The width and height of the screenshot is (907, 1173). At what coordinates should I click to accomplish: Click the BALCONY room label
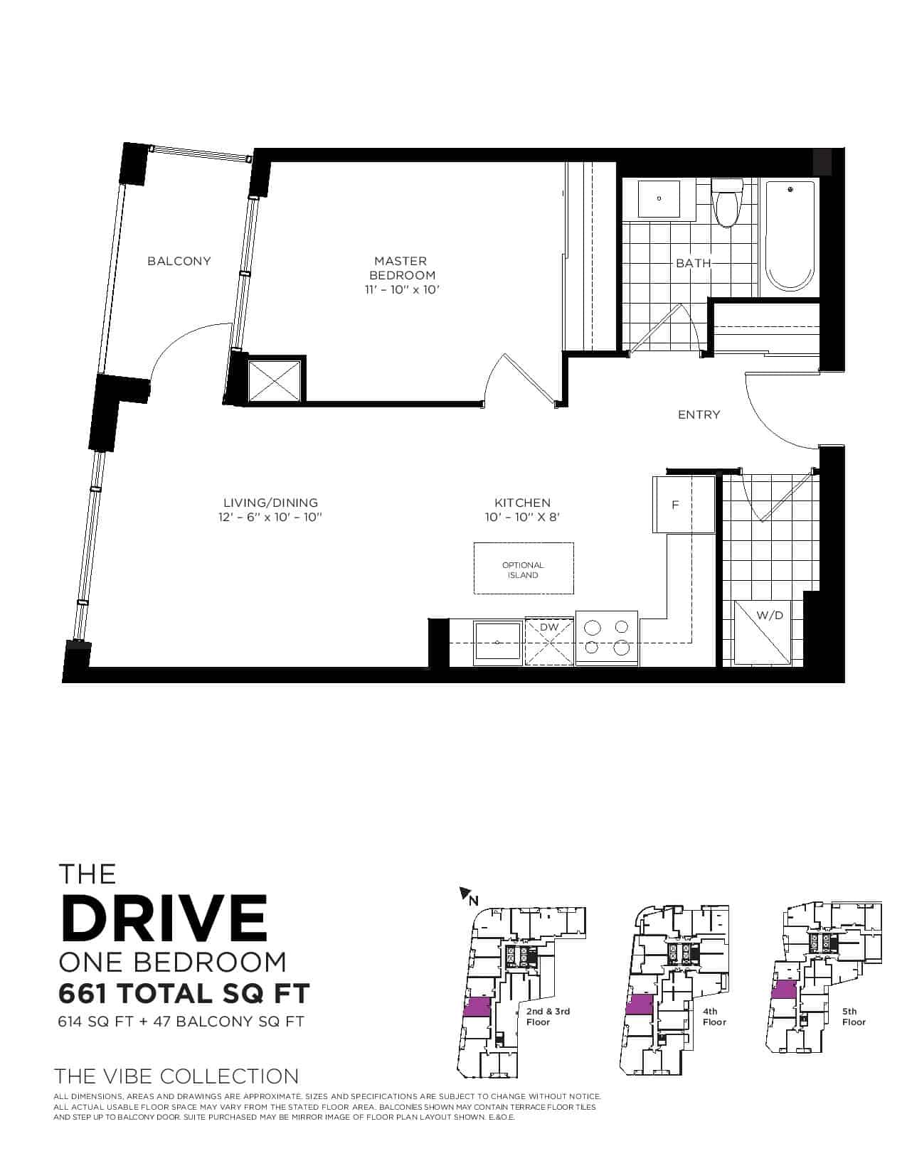click(x=179, y=262)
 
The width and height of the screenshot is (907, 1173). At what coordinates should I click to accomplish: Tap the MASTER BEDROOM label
click(x=401, y=268)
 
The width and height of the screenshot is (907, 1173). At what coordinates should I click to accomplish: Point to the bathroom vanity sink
click(x=659, y=199)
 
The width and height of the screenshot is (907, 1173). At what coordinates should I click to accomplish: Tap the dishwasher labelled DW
click(x=549, y=642)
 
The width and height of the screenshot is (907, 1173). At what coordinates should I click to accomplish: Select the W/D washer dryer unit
click(x=762, y=633)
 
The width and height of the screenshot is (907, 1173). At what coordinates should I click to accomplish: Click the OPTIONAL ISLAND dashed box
click(x=524, y=569)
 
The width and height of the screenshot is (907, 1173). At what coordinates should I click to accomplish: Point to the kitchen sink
click(x=497, y=643)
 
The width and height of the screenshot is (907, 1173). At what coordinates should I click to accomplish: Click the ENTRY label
click(x=699, y=414)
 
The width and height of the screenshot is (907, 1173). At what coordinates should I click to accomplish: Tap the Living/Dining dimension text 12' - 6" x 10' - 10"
click(x=270, y=517)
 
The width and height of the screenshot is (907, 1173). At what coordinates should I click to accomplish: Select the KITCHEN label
click(x=522, y=503)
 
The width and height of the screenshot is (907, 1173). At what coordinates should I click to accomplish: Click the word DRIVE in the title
click(x=164, y=918)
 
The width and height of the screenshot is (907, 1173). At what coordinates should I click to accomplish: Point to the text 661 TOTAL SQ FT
click(x=184, y=994)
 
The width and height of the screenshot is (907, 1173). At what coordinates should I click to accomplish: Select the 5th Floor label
click(x=854, y=1017)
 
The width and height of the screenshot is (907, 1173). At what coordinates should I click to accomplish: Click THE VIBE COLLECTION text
click(x=176, y=1076)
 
